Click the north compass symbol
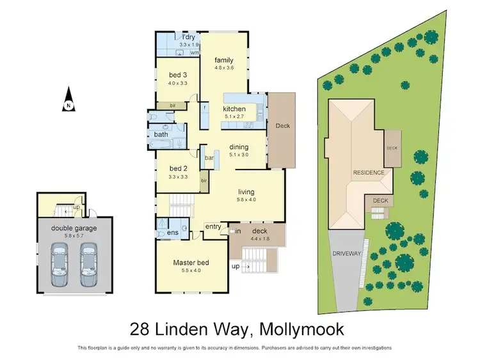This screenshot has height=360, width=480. pos(69,99)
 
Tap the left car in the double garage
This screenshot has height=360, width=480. pos(60,265)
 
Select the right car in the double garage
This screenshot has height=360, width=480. pos(89,265)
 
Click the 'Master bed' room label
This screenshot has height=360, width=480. pos(191,262)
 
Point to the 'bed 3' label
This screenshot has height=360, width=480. pos(178,75)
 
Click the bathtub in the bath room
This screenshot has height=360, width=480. pos(161,144)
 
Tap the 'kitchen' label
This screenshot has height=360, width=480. pos(234,109)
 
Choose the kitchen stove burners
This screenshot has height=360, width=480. pos(248,125)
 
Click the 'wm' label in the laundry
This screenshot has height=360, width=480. pos(195,52)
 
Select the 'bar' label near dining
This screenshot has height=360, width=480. pos(209,158)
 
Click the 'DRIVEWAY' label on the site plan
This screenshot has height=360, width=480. pos(346,254)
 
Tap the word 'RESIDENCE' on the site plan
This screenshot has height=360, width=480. pos(369,173)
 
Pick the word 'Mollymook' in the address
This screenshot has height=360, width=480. pos(301,329)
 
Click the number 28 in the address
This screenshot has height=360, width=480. pos(140,329)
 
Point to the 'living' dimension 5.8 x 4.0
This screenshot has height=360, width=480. pos(246,200)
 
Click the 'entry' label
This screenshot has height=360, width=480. pos(213,226)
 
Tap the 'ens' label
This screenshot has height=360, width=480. pos(173,233)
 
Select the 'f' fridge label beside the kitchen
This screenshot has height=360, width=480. pos(205,107)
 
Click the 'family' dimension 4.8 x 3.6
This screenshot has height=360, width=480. pos(224,68)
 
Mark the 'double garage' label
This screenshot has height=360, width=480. pos(74,228)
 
